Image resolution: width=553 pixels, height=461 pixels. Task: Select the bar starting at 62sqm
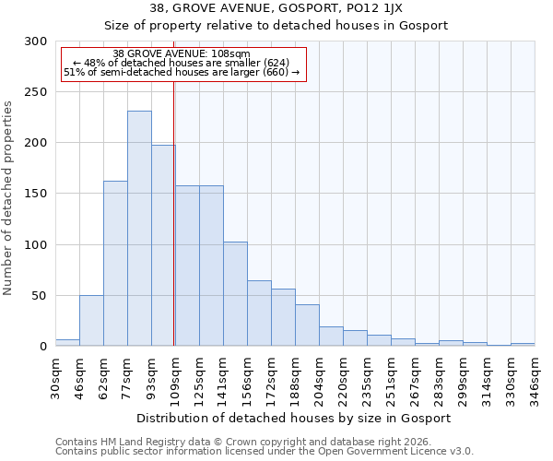(115, 264)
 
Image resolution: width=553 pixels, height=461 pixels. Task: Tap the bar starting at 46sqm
(91, 321)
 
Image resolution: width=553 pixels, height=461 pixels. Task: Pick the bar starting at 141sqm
(235, 294)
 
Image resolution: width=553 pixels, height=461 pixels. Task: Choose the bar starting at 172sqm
(283, 318)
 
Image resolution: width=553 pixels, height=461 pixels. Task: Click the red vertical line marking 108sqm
(174, 212)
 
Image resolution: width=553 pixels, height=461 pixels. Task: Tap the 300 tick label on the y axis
(35, 41)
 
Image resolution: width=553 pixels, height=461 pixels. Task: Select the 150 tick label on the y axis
(35, 195)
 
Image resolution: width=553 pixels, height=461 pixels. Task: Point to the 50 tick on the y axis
(39, 296)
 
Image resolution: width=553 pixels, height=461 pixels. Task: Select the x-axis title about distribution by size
(294, 418)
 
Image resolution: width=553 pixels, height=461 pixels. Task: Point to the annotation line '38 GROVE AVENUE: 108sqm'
(181, 53)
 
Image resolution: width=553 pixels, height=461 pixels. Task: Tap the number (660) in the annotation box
(275, 72)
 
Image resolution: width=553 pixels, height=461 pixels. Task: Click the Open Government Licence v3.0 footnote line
(264, 452)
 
